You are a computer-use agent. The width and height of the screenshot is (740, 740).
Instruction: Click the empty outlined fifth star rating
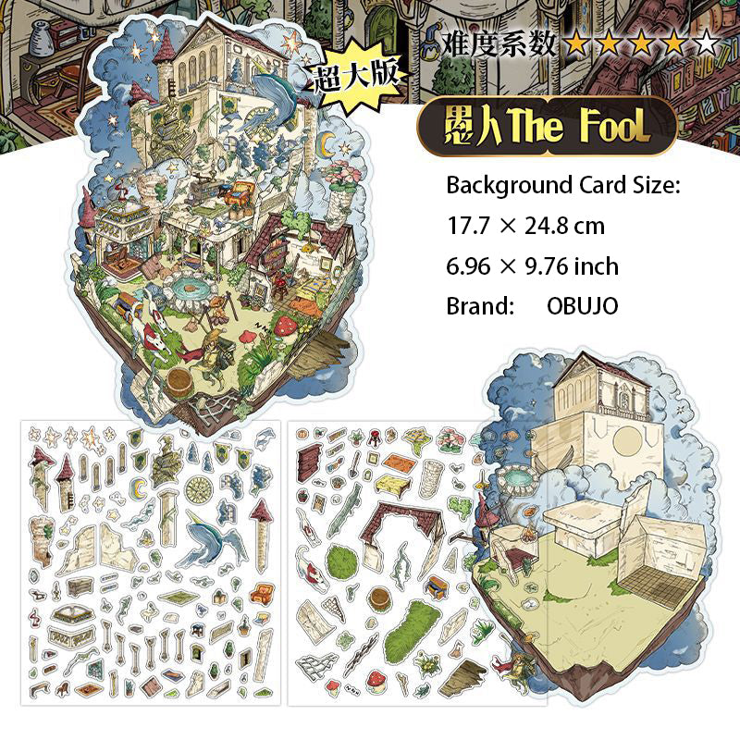(706, 42)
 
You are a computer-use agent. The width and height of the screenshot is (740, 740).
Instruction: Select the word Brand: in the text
(480, 306)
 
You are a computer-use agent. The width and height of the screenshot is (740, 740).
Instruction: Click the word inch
(595, 266)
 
